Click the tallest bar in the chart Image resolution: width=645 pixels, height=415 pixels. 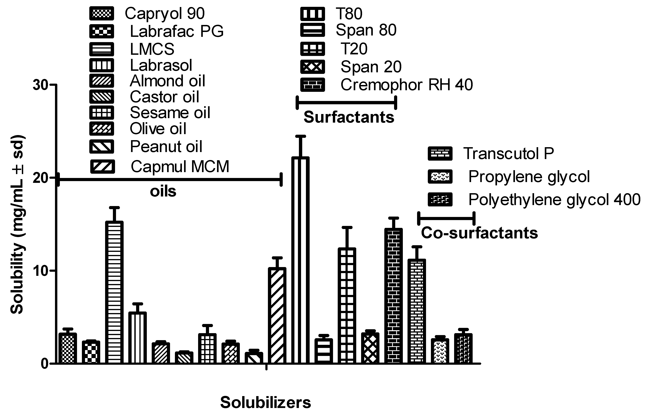pos(300,260)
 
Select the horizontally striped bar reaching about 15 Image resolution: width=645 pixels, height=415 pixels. pos(114,292)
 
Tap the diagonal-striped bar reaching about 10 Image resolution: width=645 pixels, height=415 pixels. pos(277,315)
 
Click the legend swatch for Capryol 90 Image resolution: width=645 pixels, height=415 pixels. pos(102,13)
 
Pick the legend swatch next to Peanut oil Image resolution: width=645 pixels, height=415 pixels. pos(102,147)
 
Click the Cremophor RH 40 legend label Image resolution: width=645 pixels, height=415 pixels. pos(407,85)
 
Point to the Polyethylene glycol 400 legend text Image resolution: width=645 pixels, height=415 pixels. pos(554,200)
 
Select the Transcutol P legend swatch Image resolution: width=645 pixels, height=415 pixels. pos(440,154)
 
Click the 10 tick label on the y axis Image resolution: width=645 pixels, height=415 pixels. pos(40,271)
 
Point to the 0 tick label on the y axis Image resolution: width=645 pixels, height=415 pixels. pos(44,364)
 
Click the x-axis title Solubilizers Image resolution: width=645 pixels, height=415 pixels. pos(266,403)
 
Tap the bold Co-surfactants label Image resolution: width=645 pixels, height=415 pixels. pos(479,233)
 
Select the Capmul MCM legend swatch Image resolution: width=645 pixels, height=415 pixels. pos(102,166)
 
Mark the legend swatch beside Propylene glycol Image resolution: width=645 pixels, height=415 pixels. pos(440,177)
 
